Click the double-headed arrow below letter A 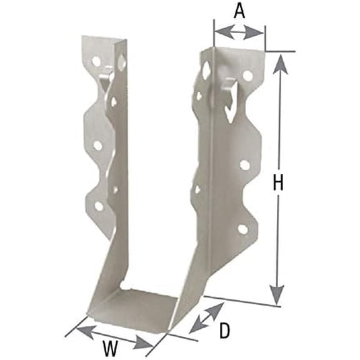(x=239, y=31)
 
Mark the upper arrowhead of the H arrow (x=281, y=62)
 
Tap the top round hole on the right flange (x=248, y=76)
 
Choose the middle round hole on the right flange (x=245, y=165)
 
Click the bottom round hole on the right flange (x=243, y=229)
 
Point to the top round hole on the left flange (x=96, y=61)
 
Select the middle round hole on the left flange (x=97, y=145)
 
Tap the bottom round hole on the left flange (x=99, y=205)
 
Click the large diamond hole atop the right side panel (x=207, y=70)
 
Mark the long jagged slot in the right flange (x=232, y=100)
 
